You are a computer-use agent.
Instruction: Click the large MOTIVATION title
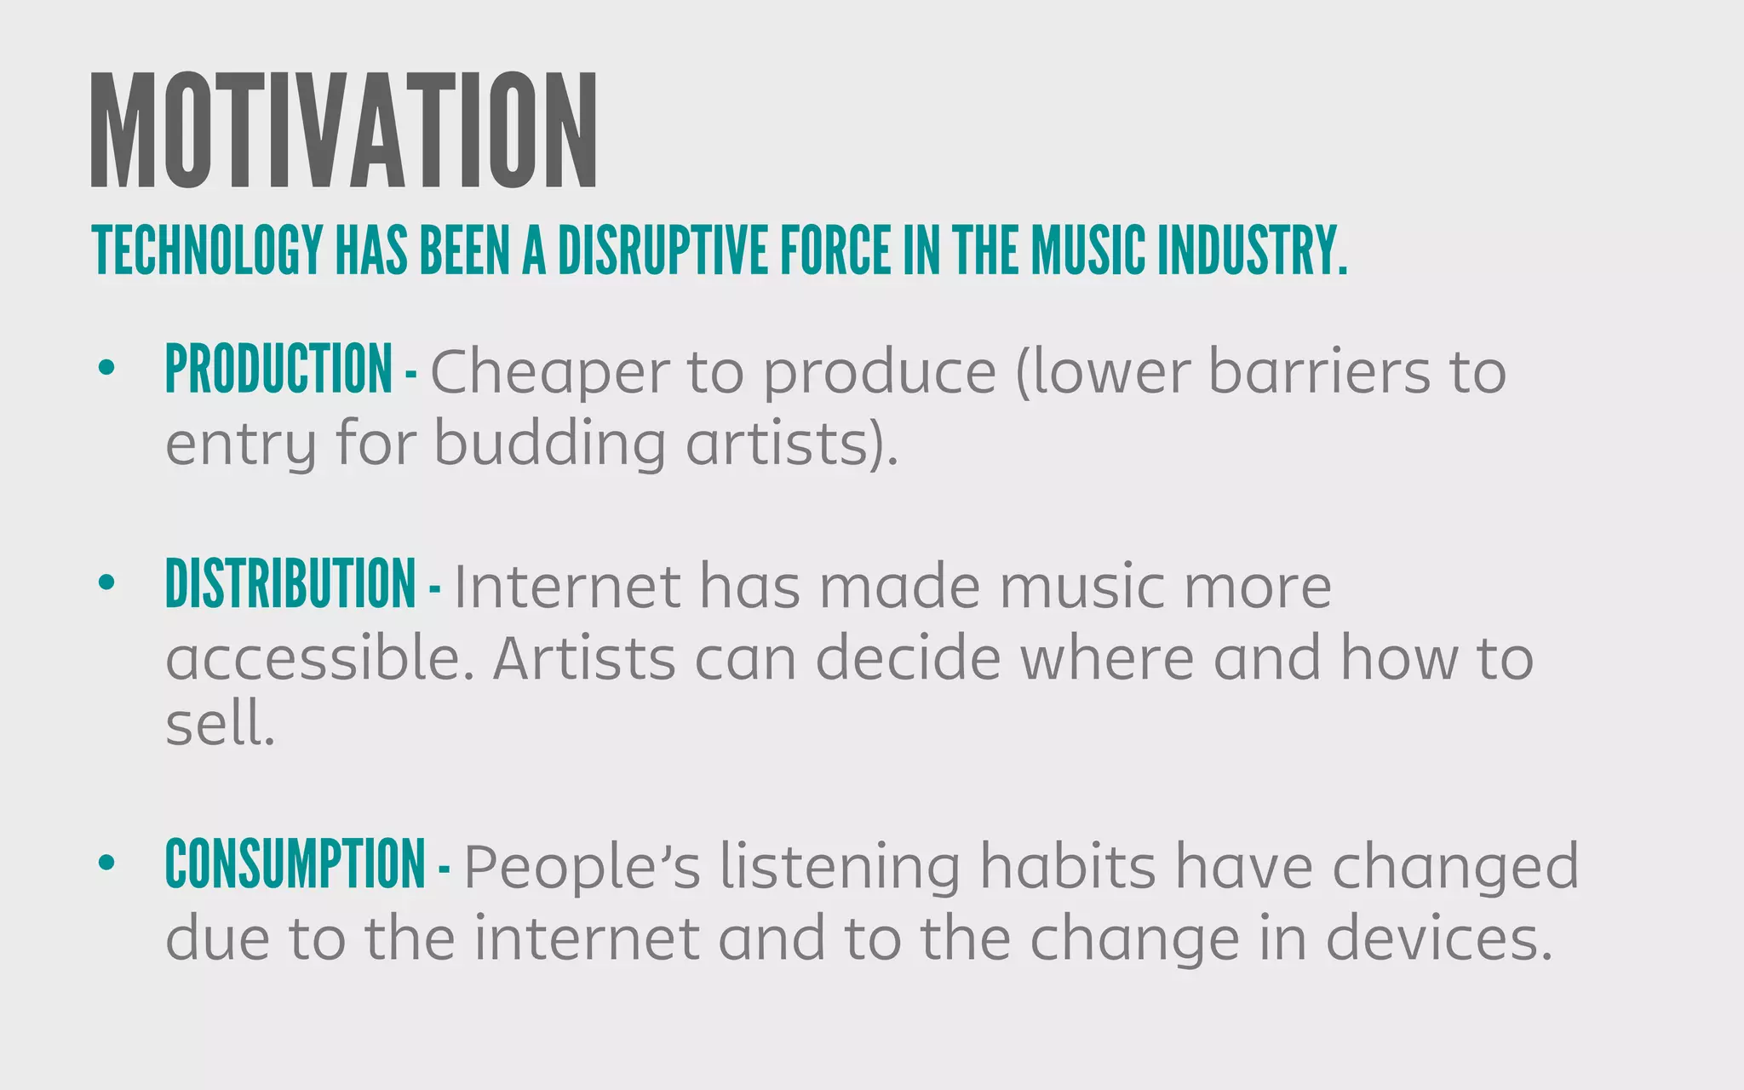click(x=344, y=130)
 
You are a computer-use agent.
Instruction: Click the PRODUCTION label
click(x=278, y=370)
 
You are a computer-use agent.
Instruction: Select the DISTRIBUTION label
click(x=290, y=584)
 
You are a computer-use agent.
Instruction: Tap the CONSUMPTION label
click(x=295, y=863)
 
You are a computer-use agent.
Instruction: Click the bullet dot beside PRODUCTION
click(x=106, y=368)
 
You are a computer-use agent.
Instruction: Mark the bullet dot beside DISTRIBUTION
click(x=106, y=582)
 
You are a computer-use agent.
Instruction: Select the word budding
click(x=549, y=444)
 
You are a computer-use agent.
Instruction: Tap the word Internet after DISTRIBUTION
click(x=567, y=587)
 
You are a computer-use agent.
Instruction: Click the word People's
click(x=582, y=866)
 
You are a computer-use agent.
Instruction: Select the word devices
click(x=1439, y=938)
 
